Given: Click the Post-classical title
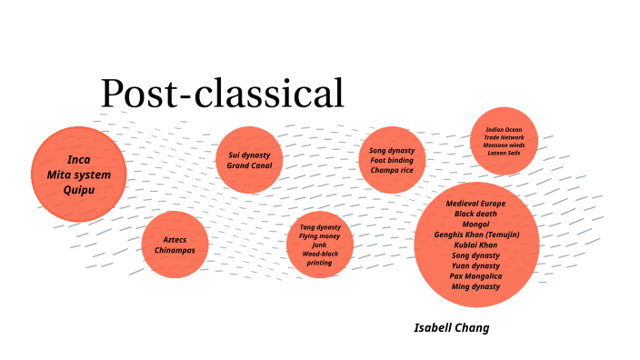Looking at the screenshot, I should coord(223,95).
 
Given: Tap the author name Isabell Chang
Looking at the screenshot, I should coord(451,327).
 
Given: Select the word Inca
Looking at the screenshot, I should coord(79,160).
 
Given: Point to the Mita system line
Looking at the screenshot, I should coord(79,175).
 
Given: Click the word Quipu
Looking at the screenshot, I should coord(79,190).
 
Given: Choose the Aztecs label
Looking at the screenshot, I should coord(175,239).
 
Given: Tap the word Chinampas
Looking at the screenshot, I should coord(175,250).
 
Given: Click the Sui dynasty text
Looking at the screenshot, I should coord(249,155).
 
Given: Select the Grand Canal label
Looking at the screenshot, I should coord(249,165).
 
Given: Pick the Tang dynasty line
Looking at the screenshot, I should coord(320,226).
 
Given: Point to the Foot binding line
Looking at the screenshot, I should coord(392,160).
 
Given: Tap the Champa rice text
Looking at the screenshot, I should coord(392,170).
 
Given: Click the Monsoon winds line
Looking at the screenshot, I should coord(505,145).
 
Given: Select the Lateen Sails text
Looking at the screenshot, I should coord(505,153).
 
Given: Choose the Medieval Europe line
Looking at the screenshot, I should coord(475,203).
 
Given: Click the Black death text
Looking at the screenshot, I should coord(475,214).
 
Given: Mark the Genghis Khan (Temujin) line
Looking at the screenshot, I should coord(475,235).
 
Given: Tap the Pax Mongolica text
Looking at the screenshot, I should coord(475,275).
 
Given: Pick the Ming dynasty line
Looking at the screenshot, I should coord(475,286).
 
